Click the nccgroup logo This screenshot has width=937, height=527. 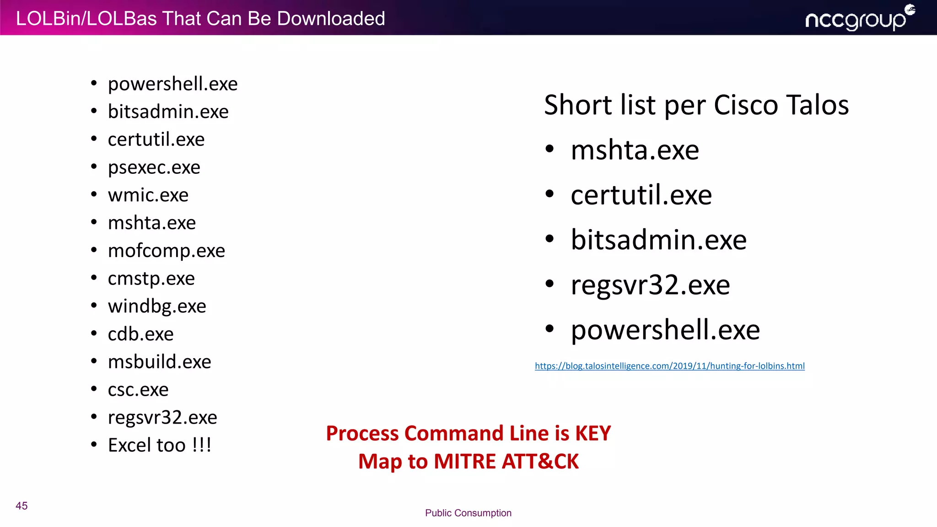(859, 18)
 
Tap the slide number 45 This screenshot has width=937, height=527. (22, 505)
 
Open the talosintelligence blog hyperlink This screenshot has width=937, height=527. (669, 366)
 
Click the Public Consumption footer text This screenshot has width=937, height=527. (468, 513)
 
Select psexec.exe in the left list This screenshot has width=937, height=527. (154, 167)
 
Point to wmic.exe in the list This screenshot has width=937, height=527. (148, 195)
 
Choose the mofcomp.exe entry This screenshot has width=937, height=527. (166, 251)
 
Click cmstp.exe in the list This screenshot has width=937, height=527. (151, 279)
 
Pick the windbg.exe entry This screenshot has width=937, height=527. (157, 307)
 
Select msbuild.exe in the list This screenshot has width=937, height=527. (159, 362)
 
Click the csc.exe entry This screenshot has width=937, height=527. (138, 390)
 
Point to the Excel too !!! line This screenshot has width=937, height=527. (159, 445)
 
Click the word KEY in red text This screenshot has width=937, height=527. (592, 433)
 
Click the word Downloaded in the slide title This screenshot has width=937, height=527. (331, 19)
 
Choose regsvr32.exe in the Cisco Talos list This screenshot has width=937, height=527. (650, 285)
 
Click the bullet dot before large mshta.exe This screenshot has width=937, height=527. (549, 149)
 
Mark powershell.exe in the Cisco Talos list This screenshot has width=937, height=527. (665, 330)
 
